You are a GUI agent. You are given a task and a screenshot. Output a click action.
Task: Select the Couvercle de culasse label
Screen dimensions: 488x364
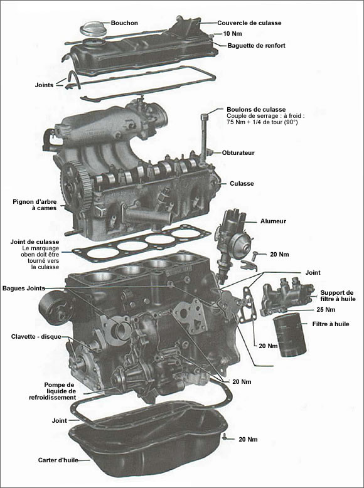(x=249, y=23)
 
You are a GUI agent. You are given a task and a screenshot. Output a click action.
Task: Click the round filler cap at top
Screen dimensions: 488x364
(x=92, y=28)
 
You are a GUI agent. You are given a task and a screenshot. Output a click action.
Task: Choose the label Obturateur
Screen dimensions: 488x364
(x=238, y=152)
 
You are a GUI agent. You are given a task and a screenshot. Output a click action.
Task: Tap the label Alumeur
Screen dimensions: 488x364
(x=273, y=221)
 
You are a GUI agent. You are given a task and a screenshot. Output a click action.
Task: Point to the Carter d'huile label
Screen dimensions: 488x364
(x=62, y=459)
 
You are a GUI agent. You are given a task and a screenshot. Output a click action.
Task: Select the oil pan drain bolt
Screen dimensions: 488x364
(x=224, y=436)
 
